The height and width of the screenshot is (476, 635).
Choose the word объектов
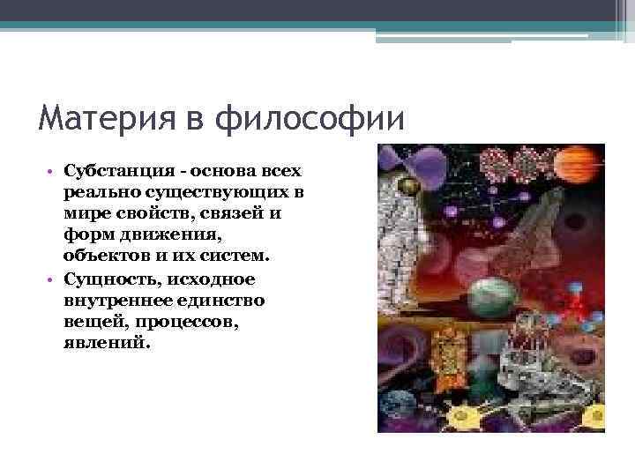[101, 257]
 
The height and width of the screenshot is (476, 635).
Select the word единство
[211, 301]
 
